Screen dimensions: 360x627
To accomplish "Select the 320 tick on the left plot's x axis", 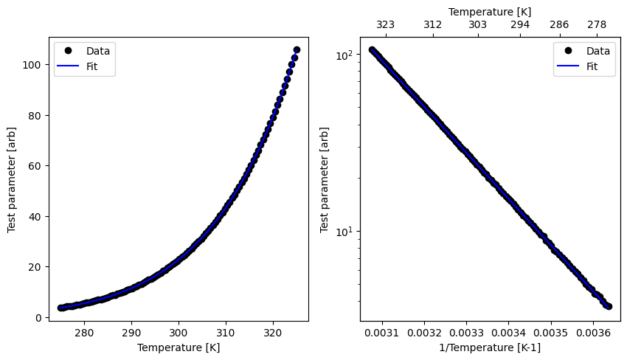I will click(273, 333).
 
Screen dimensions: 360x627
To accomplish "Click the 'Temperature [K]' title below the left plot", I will click(179, 347).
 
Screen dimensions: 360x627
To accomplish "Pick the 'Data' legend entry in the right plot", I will click(598, 51).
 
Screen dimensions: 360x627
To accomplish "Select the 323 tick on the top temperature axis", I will click(385, 24).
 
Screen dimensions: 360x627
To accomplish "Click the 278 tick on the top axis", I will click(597, 24).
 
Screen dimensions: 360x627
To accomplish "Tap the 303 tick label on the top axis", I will click(477, 24).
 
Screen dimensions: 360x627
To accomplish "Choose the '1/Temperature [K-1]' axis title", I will click(490, 347).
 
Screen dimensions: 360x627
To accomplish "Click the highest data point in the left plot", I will click(297, 50).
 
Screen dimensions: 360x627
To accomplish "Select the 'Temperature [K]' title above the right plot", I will click(490, 12).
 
